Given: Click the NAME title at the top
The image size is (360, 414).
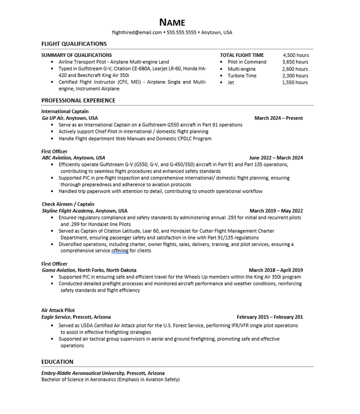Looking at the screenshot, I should coord(172,22).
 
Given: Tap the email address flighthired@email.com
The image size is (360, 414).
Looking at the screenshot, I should coord(137,33).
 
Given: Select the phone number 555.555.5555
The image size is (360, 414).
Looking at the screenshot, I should coord(181,33).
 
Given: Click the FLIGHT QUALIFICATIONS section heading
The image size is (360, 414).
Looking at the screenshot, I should coord(74,44).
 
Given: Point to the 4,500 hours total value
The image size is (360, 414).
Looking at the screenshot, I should coord(296,55).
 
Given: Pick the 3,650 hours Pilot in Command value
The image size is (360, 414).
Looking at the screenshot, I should coord(296,62).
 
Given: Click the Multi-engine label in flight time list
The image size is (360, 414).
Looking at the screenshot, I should coord(242,69).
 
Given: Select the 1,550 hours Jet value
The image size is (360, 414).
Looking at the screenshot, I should coord(296,82).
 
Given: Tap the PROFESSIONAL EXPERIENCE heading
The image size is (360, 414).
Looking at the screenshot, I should coord(78,100).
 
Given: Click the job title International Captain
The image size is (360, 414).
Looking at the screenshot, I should coord(65,111).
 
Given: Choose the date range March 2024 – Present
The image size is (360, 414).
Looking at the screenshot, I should coord(278,118).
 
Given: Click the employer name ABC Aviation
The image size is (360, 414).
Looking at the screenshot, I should coord(53,157).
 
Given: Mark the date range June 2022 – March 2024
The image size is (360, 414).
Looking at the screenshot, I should coord(276,157).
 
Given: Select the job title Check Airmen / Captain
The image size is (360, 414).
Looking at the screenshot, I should coord(68,204).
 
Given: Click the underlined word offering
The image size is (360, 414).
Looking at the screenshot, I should coord(120,251).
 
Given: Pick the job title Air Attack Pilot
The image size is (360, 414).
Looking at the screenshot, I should coord(58,310).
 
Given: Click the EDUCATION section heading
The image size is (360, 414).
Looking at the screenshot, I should coord(57,362).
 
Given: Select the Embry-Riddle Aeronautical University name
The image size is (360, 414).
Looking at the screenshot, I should coord(83,373).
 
